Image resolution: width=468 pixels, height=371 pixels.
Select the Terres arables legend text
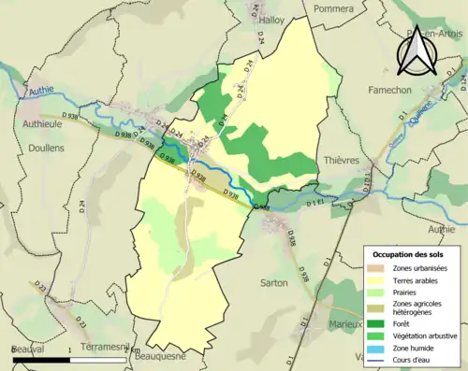point(417,279)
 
